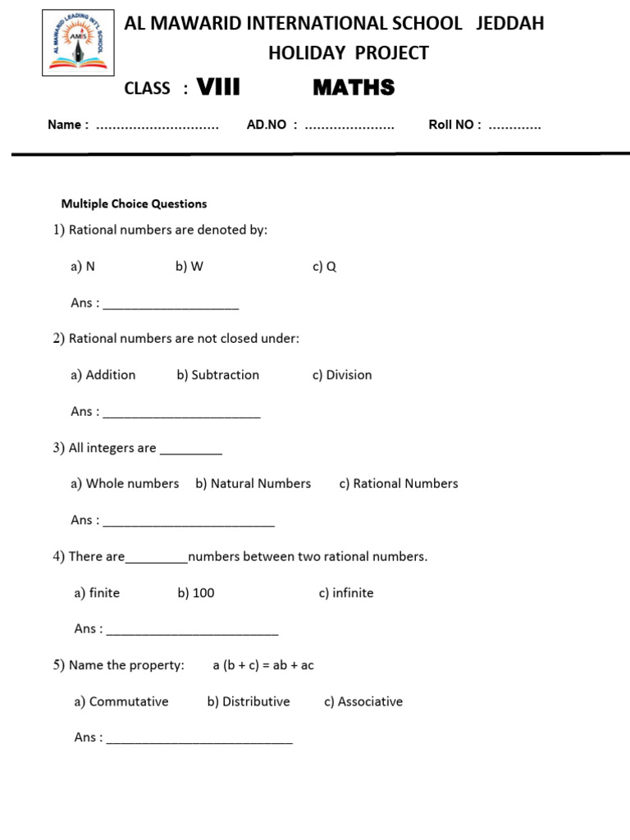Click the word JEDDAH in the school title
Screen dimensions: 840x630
click(x=509, y=23)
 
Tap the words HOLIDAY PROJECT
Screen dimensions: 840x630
click(x=349, y=53)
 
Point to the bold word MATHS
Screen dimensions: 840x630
click(x=354, y=88)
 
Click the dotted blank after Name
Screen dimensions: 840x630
click(x=157, y=126)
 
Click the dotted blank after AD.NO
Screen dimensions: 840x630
click(x=349, y=126)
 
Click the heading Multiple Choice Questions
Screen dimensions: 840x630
click(x=135, y=203)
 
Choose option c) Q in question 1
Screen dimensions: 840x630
click(x=324, y=267)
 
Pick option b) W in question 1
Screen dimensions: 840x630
click(x=189, y=267)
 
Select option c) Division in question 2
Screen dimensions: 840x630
click(x=341, y=375)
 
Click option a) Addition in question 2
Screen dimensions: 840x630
click(x=103, y=375)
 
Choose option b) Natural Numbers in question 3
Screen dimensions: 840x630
click(x=253, y=483)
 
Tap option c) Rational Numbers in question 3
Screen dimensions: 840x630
click(x=398, y=483)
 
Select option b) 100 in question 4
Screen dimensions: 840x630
click(x=195, y=592)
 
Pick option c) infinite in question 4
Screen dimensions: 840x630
click(x=345, y=592)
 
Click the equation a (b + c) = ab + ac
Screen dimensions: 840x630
click(x=262, y=665)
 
